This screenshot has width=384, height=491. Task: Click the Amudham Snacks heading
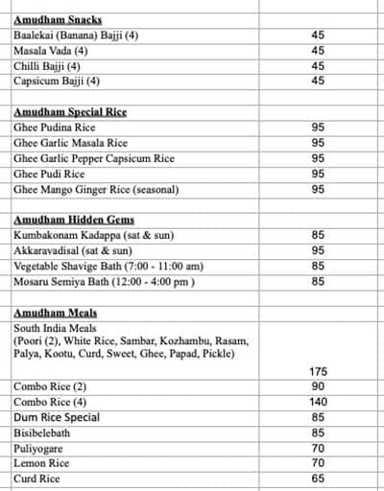pyautogui.click(x=58, y=19)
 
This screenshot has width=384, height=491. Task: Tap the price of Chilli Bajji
pyautogui.click(x=318, y=66)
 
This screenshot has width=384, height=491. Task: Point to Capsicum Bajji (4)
pyautogui.click(x=57, y=82)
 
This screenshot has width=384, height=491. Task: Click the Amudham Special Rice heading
pyautogui.click(x=70, y=112)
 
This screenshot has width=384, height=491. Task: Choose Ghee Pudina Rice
pyautogui.click(x=55, y=128)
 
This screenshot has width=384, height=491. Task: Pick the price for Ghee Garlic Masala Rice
pyautogui.click(x=318, y=143)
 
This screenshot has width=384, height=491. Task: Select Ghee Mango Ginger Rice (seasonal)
pyautogui.click(x=96, y=190)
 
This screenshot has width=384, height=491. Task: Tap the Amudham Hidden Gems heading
pyautogui.click(x=74, y=220)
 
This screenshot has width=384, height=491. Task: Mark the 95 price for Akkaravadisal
pyautogui.click(x=318, y=250)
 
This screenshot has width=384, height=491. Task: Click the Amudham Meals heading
pyautogui.click(x=56, y=313)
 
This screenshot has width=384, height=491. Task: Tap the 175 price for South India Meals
pyautogui.click(x=318, y=371)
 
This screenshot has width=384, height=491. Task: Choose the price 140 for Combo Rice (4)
pyautogui.click(x=318, y=402)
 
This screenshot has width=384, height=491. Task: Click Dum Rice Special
pyautogui.click(x=57, y=418)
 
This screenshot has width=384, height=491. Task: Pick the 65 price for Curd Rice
pyautogui.click(x=318, y=479)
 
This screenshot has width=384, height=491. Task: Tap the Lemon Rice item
pyautogui.click(x=40, y=463)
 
